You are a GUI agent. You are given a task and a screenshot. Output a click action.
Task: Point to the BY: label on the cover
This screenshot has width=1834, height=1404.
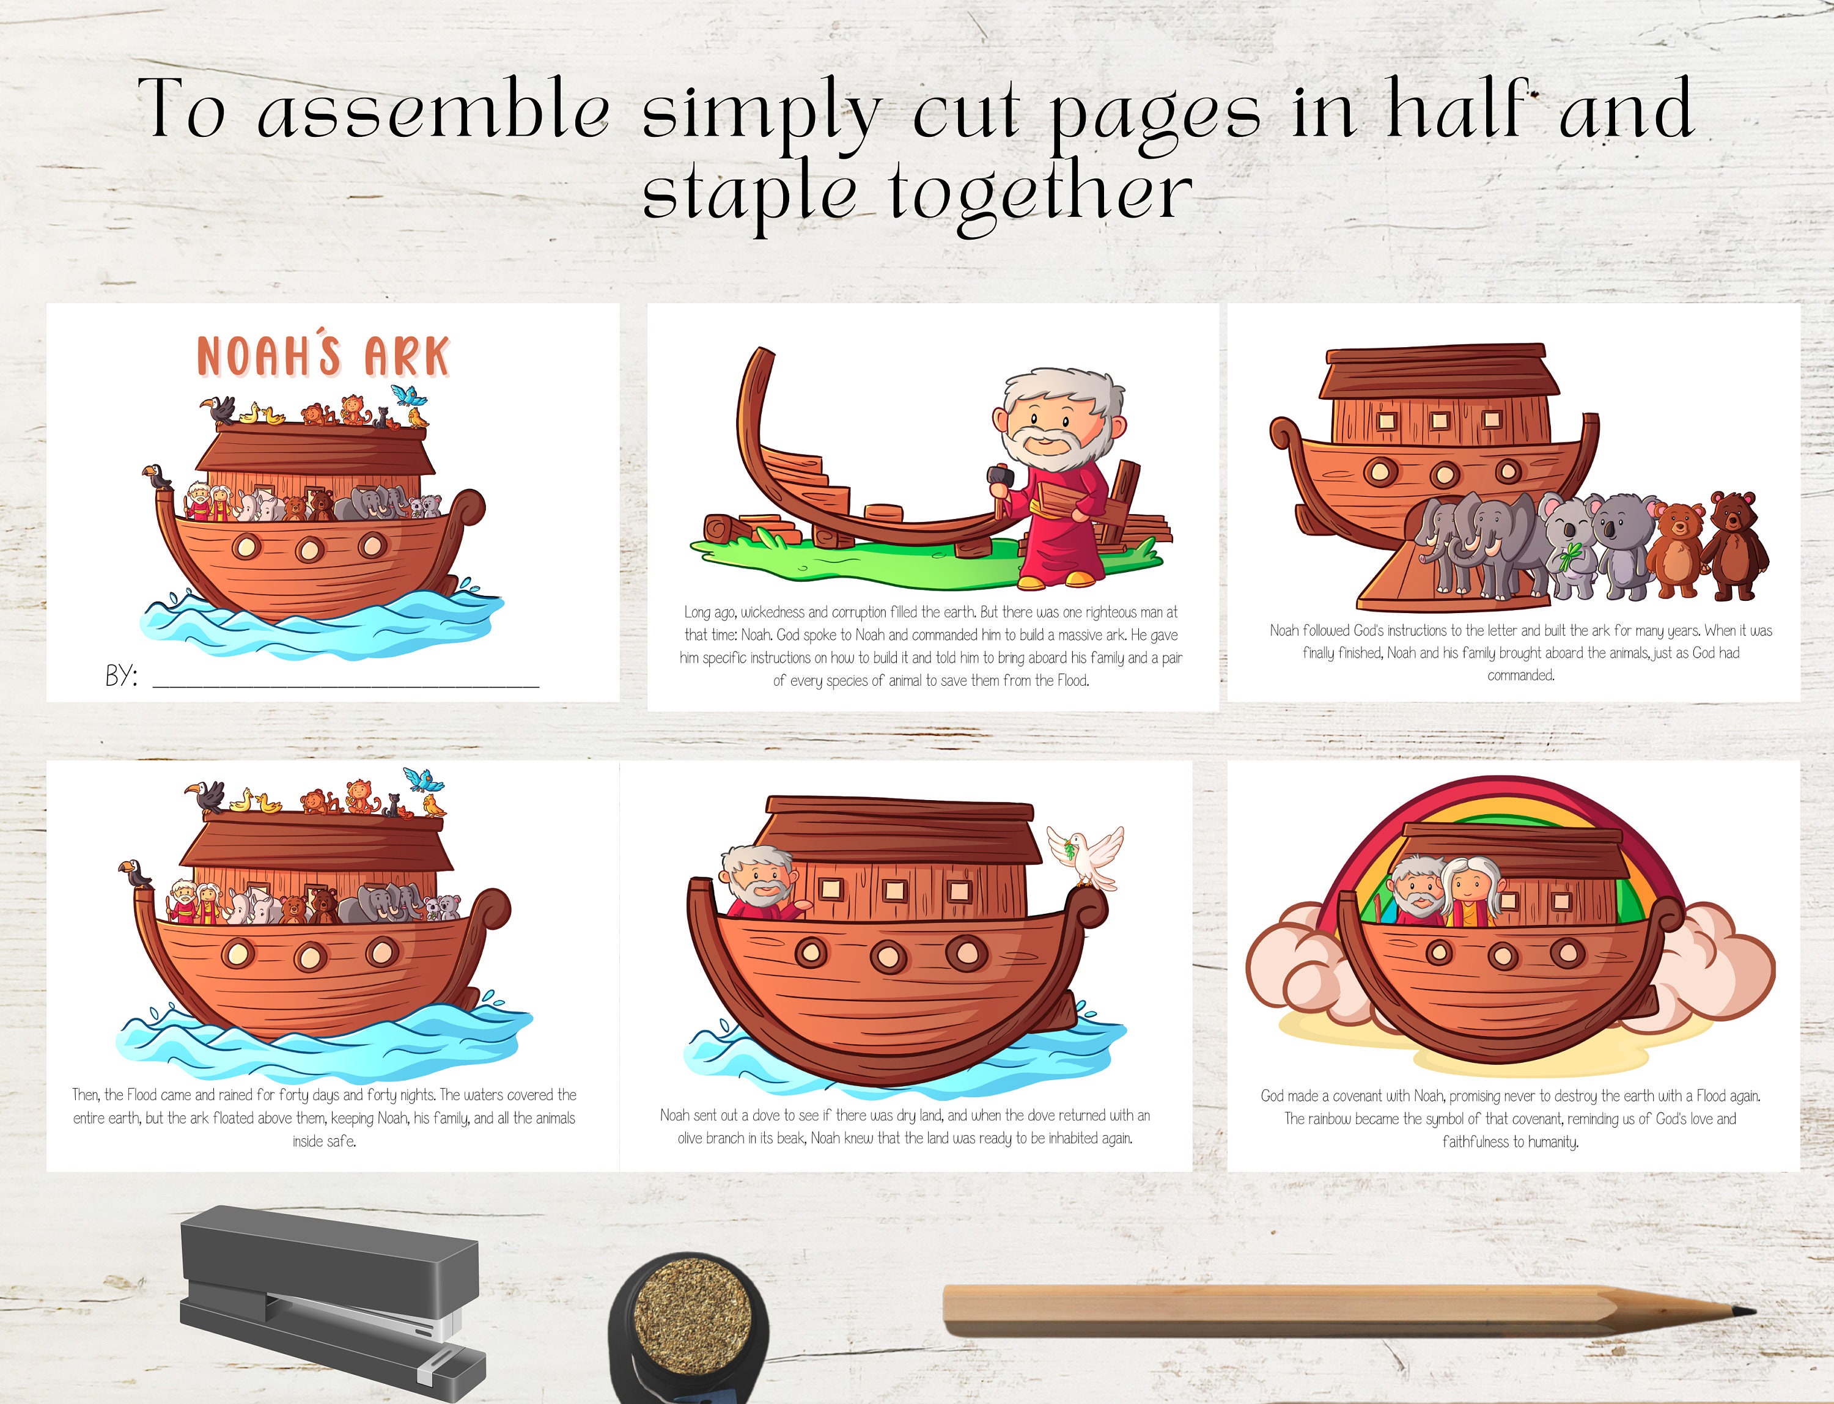coord(121,675)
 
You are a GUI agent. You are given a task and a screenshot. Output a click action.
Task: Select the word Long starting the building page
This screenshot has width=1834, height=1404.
coord(697,612)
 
